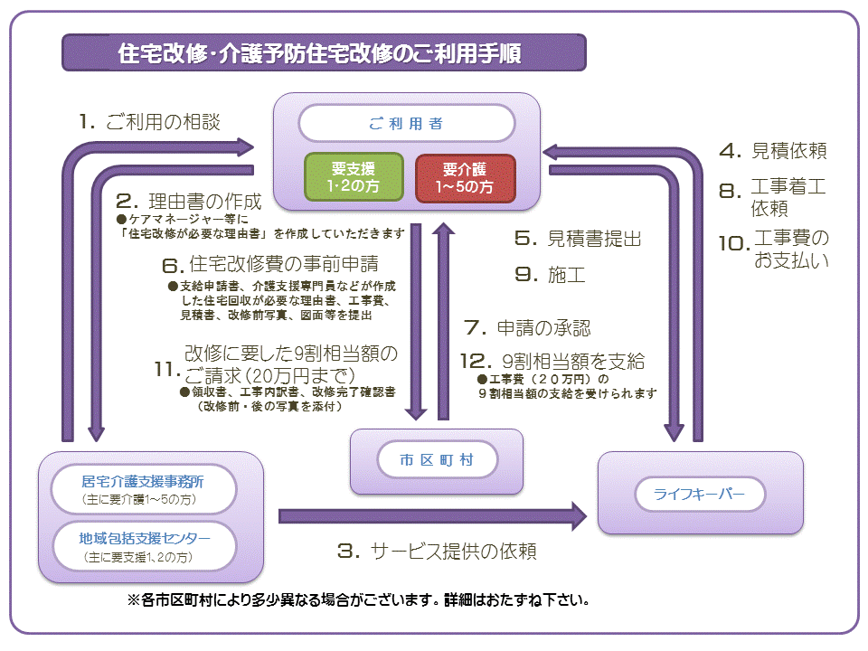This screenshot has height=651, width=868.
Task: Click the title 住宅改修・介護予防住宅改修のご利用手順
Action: [323, 53]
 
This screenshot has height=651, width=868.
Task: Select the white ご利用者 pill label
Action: [406, 123]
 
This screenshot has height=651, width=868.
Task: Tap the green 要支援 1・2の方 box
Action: [353, 178]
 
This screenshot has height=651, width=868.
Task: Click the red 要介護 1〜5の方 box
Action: [465, 178]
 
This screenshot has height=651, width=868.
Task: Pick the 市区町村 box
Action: [437, 460]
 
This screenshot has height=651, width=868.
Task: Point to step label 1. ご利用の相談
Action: [149, 122]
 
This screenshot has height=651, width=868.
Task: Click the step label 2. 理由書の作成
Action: [189, 201]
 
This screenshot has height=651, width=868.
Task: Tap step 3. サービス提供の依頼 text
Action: [437, 551]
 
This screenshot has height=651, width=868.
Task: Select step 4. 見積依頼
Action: [773, 151]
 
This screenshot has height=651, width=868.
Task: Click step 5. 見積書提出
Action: [579, 239]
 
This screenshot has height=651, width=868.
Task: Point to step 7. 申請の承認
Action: [527, 326]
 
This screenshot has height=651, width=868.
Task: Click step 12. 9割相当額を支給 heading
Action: [552, 360]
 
